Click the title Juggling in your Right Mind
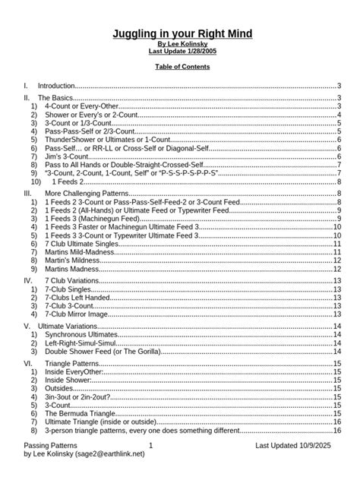coord(182,35)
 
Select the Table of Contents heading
coord(182,67)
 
